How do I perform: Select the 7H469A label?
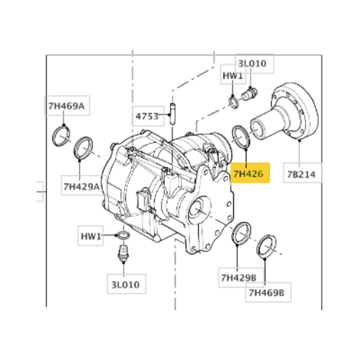(x=66, y=107)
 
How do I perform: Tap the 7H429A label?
(x=81, y=187)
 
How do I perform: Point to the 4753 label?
(x=146, y=115)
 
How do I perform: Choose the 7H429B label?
(x=238, y=278)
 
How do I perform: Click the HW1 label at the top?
(x=232, y=76)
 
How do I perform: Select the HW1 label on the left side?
(x=92, y=236)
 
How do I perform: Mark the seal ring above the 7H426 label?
(x=241, y=136)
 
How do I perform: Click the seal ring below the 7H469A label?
(x=61, y=136)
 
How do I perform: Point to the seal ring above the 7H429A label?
(x=83, y=147)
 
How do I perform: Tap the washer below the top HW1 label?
(x=234, y=103)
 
